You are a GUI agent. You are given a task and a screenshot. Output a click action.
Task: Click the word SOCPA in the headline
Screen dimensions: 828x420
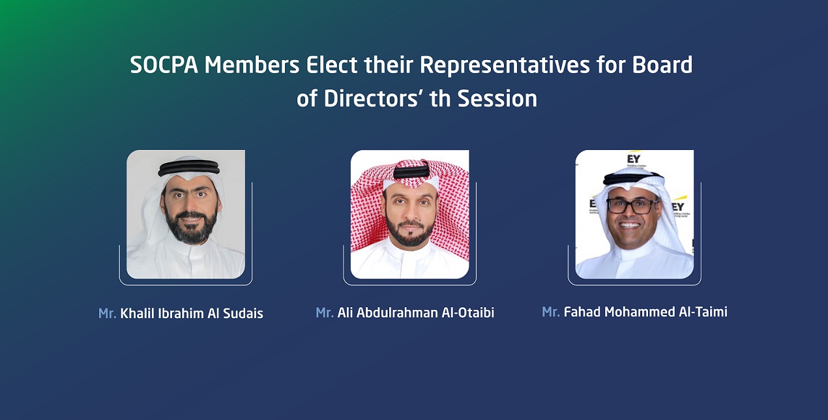coord(164,65)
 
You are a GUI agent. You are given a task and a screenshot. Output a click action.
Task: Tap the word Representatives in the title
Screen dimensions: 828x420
coord(505,66)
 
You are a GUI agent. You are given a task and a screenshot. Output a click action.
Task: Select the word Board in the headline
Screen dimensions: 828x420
coord(662,65)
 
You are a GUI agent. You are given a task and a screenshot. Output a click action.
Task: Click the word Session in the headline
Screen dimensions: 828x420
coord(497,98)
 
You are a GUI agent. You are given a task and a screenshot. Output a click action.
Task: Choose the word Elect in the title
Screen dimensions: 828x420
coord(331,65)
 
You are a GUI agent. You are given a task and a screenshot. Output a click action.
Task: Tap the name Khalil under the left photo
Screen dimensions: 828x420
coord(137,314)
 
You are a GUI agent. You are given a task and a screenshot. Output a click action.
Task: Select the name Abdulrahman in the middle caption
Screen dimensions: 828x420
coord(397,313)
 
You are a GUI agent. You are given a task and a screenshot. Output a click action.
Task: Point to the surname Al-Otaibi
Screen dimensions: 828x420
coord(468,313)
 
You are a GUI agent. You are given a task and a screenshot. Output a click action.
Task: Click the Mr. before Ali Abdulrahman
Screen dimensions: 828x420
coord(324,313)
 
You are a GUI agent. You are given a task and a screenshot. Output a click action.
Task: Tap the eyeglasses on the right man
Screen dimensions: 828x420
coord(633,206)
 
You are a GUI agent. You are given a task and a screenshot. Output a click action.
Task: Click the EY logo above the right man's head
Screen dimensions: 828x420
coord(634,158)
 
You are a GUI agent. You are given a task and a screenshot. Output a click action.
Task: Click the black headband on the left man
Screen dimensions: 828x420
coord(188,168)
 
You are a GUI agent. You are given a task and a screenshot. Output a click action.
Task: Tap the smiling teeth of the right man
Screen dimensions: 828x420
coord(629,225)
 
